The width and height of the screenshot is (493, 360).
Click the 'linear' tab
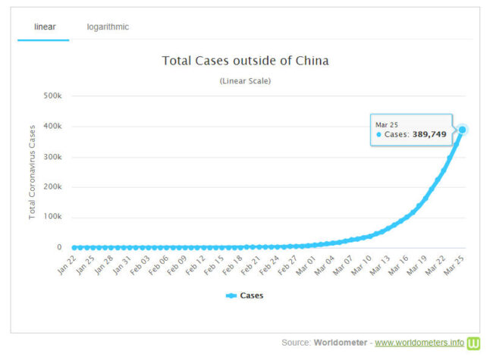click(45, 27)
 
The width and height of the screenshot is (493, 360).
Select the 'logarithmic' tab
click(108, 27)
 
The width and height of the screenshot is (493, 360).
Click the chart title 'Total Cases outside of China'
click(245, 60)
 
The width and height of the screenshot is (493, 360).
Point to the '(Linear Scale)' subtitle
click(245, 80)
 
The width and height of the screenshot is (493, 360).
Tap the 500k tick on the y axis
click(52, 96)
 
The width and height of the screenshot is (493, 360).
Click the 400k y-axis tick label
click(52, 127)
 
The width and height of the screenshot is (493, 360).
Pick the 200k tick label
click(52, 187)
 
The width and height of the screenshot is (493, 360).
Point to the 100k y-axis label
click(52, 218)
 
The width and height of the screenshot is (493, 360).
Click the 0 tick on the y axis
click(58, 248)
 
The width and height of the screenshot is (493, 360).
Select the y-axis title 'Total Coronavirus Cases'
click(33, 172)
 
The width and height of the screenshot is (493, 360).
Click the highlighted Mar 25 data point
click(462, 130)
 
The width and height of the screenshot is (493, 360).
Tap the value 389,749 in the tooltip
click(429, 134)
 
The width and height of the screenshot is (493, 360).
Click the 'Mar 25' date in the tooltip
click(387, 124)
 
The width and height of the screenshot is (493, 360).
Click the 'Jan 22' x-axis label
click(66, 264)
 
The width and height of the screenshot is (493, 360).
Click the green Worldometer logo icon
click(474, 343)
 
